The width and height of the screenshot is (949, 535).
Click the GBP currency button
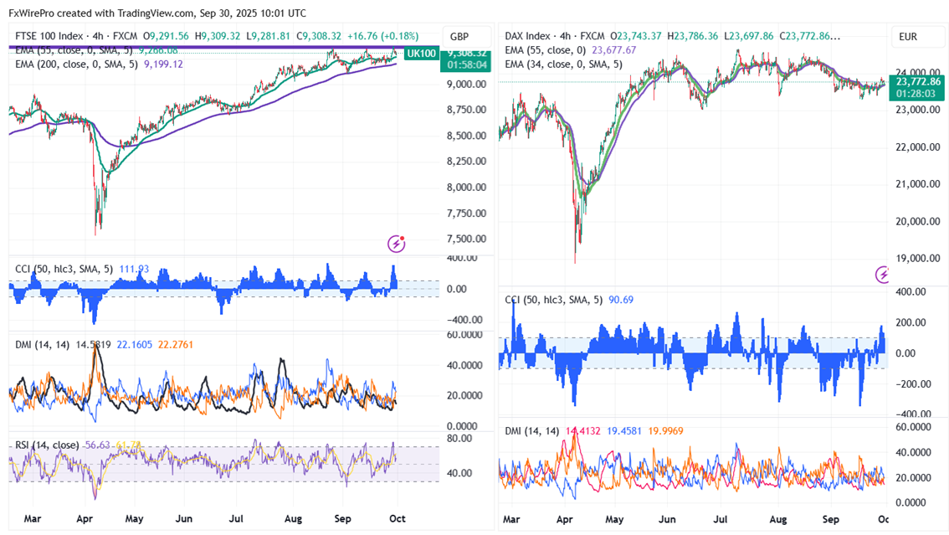point(459,37)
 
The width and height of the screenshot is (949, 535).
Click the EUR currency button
point(909,37)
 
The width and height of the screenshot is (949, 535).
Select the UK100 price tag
point(420,54)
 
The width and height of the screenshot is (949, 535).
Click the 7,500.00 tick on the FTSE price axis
point(464,239)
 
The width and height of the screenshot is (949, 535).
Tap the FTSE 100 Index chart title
point(49,37)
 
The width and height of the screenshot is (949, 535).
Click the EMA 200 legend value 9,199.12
point(164,64)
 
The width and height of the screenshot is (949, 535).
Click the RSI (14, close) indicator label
point(48,445)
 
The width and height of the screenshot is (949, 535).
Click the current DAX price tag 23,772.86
point(918,82)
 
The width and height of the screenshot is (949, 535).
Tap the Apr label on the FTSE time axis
point(85,519)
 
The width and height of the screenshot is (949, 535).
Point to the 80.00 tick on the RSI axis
point(459,438)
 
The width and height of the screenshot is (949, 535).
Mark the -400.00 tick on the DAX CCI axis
point(913,414)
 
